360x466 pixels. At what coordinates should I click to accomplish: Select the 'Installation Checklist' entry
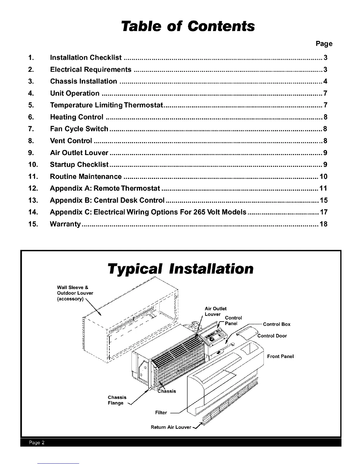[x=86, y=58]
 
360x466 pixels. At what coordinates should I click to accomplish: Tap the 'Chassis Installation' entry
[x=84, y=81]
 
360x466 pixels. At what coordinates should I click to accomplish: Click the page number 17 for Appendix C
[x=324, y=212]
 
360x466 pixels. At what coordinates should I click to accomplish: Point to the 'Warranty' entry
[x=65, y=224]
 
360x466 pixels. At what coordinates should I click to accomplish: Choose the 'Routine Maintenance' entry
[x=86, y=177]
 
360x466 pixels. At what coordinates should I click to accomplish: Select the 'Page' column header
[x=324, y=44]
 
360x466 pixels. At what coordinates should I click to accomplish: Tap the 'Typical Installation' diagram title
[x=181, y=269]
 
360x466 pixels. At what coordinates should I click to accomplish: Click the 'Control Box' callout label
[x=276, y=324]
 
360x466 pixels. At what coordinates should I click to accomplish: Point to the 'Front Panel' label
[x=280, y=357]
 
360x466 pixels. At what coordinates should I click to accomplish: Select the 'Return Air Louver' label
[x=171, y=427]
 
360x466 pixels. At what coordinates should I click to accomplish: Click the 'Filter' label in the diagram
[x=161, y=413]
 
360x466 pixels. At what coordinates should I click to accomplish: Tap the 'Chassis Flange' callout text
[x=117, y=400]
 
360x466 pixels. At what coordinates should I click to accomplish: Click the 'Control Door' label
[x=272, y=336]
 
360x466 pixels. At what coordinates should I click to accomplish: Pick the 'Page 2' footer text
[x=36, y=443]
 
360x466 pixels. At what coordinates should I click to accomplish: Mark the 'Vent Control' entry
[x=71, y=141]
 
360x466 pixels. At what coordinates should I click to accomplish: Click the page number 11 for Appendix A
[x=323, y=189]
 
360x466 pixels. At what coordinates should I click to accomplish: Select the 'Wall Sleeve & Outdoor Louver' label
[x=75, y=293]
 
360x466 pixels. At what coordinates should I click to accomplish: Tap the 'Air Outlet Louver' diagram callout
[x=215, y=312]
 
